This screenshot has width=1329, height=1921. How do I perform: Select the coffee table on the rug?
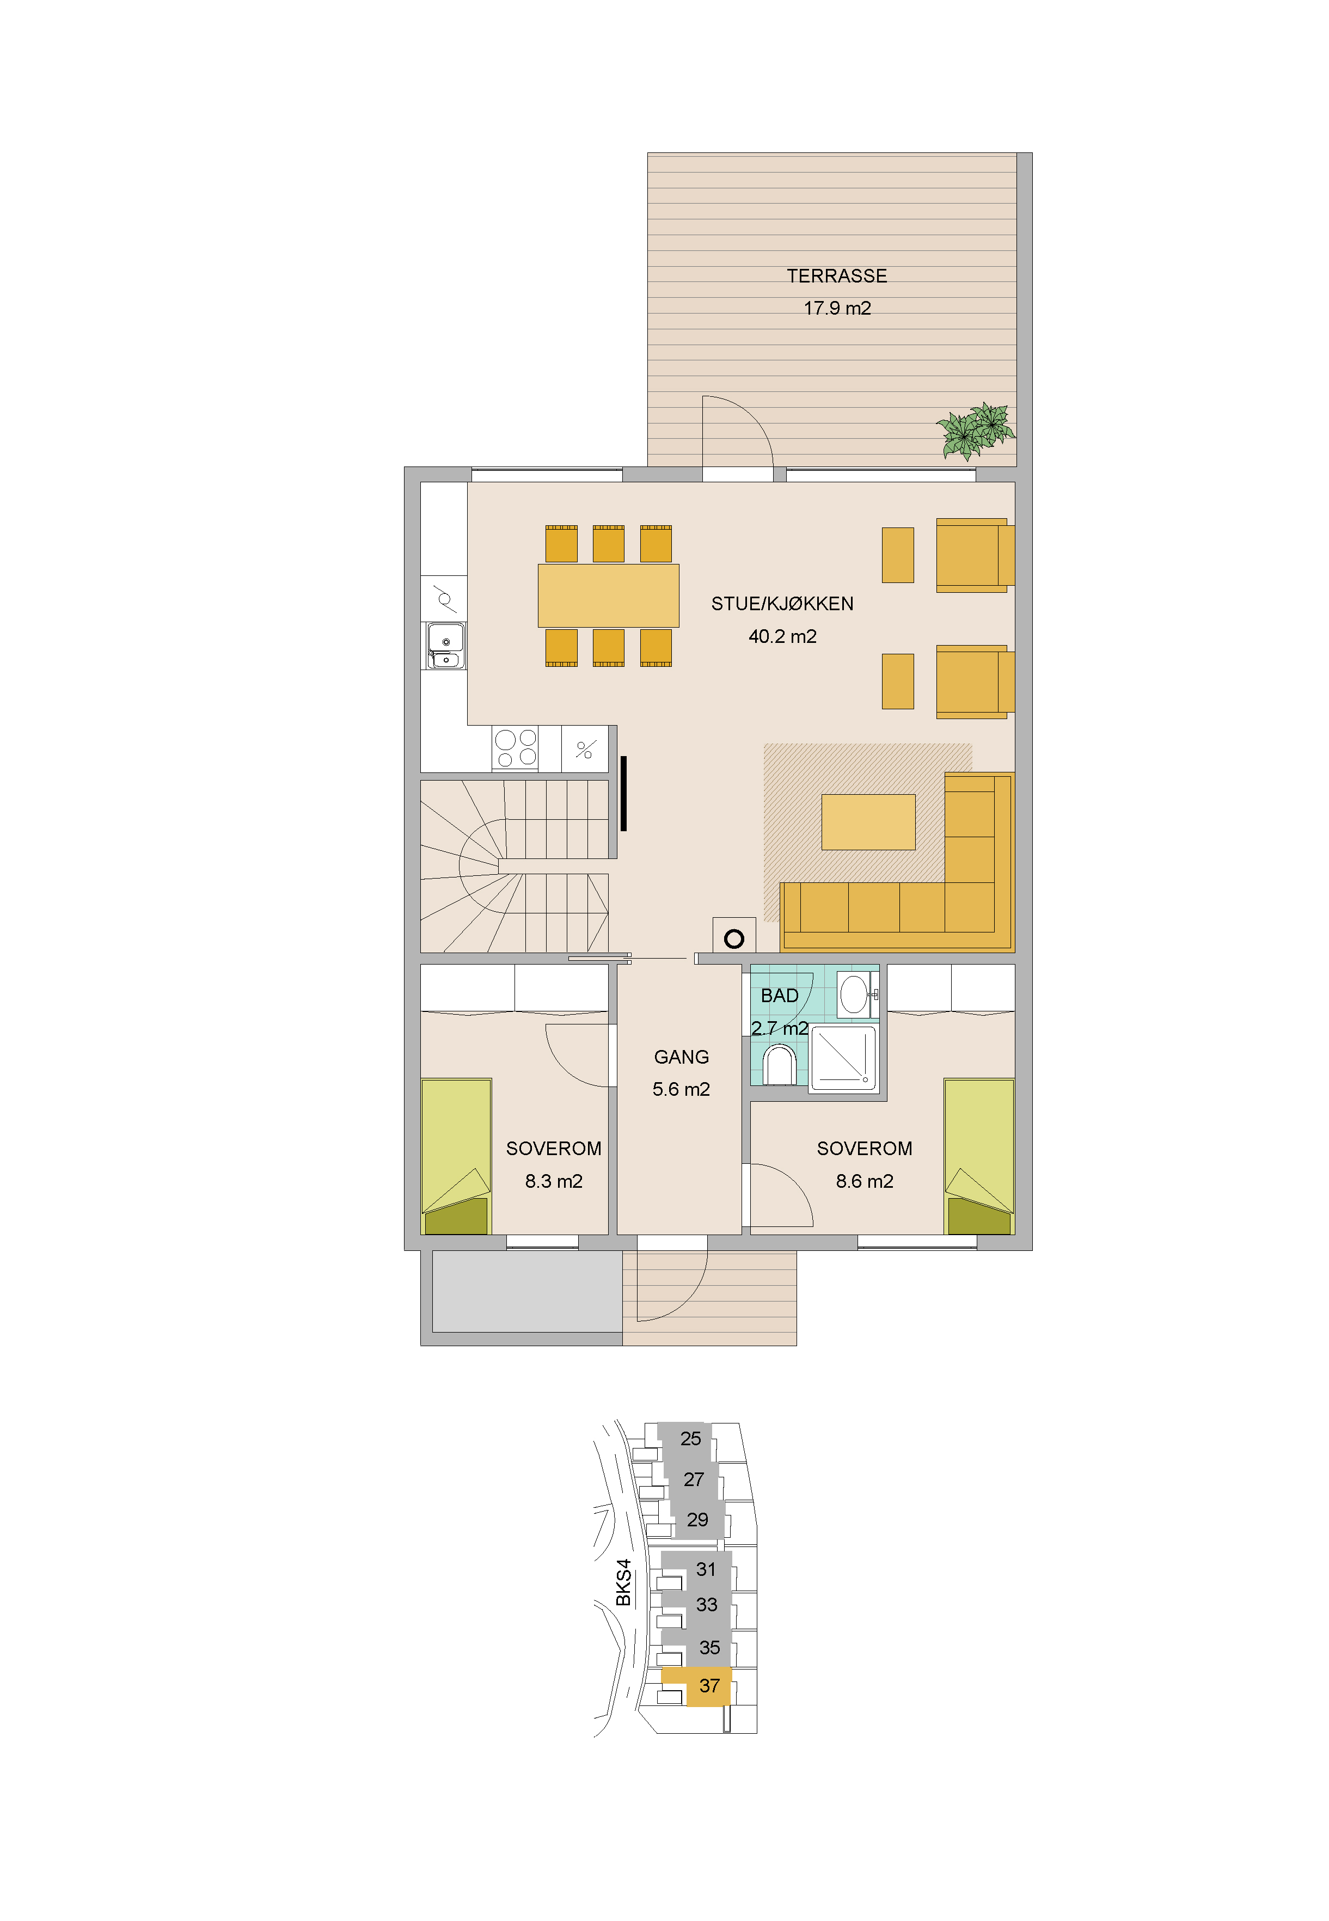868,823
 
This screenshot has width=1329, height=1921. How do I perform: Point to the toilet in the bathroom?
780,1065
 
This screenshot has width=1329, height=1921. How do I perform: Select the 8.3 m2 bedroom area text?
554,1181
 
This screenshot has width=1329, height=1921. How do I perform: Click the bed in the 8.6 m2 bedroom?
979,1156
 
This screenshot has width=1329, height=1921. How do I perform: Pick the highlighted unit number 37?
709,1686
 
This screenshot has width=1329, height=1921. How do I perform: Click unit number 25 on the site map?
690,1438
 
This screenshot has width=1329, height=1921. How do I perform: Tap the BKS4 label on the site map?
623,1582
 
